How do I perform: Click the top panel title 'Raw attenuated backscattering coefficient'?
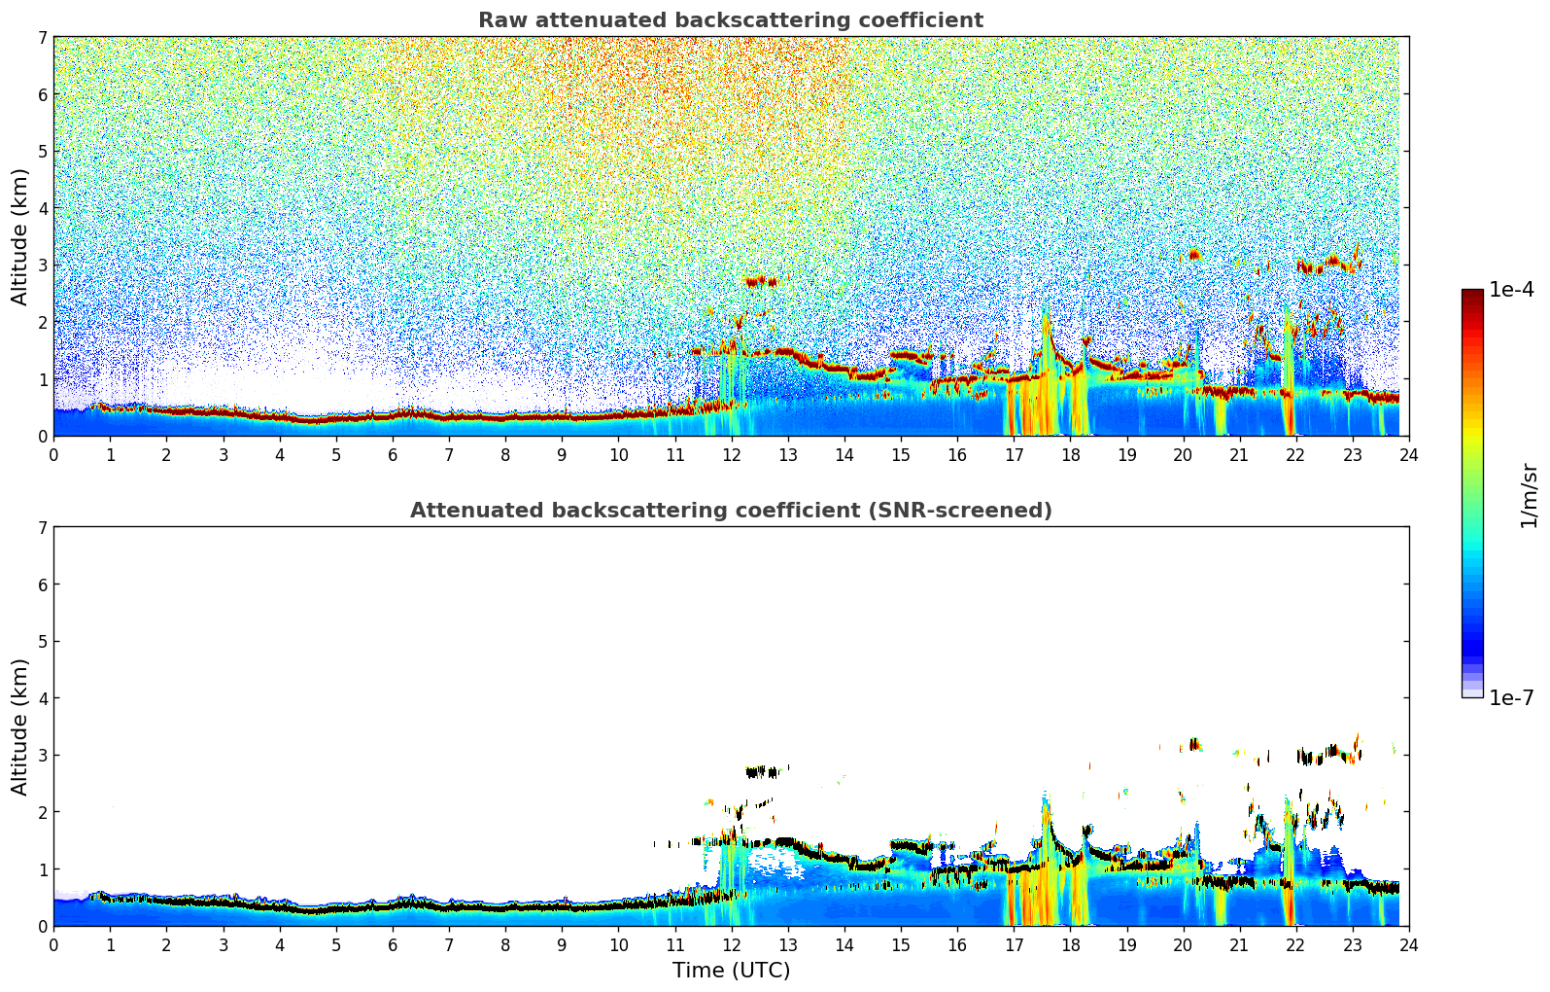click(730, 20)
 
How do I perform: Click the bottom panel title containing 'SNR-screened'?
click(730, 511)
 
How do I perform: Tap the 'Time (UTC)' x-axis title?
click(731, 971)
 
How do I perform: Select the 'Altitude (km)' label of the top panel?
click(19, 236)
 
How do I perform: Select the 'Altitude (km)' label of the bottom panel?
click(19, 726)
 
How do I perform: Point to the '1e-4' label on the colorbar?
click(1511, 290)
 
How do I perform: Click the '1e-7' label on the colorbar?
click(1511, 697)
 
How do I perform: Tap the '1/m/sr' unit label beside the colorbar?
click(1529, 496)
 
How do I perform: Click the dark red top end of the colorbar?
click(1472, 294)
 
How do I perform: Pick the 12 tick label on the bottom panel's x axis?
click(731, 945)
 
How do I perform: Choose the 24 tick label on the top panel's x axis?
click(1408, 455)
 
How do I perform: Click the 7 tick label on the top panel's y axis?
click(42, 38)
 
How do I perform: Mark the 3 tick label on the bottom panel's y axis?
click(42, 756)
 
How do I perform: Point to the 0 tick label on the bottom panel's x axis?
click(53, 945)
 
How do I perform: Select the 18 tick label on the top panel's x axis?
click(1070, 455)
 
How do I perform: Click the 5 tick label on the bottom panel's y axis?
click(42, 642)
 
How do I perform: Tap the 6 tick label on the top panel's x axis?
click(393, 455)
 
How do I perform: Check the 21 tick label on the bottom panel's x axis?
click(1239, 945)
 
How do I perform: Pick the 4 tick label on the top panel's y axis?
click(42, 208)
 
